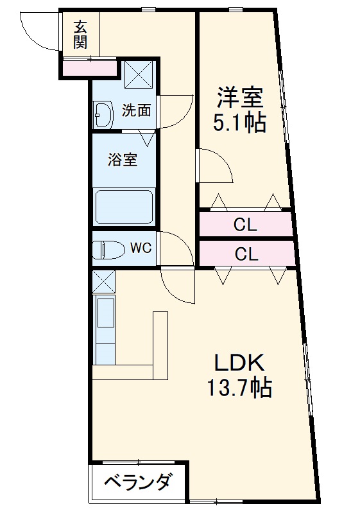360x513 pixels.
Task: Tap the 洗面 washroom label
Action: pos(136,110)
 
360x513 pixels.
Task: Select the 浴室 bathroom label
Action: pos(122,159)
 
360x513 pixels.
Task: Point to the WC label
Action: pos(141,248)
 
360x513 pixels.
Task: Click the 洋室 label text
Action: pos(239,98)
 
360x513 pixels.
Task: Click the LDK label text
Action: pos(239,363)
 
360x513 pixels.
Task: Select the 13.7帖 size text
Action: pos(239,387)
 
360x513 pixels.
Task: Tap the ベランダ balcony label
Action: pos(137,482)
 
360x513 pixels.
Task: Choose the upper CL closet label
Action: pos(245,225)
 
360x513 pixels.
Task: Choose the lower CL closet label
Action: pos(245,254)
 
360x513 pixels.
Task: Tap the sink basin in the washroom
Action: pos(103,115)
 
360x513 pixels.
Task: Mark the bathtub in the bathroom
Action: pos(124,207)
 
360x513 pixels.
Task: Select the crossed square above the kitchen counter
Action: pos(103,281)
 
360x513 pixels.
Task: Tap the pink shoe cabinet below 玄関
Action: pos(90,66)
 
